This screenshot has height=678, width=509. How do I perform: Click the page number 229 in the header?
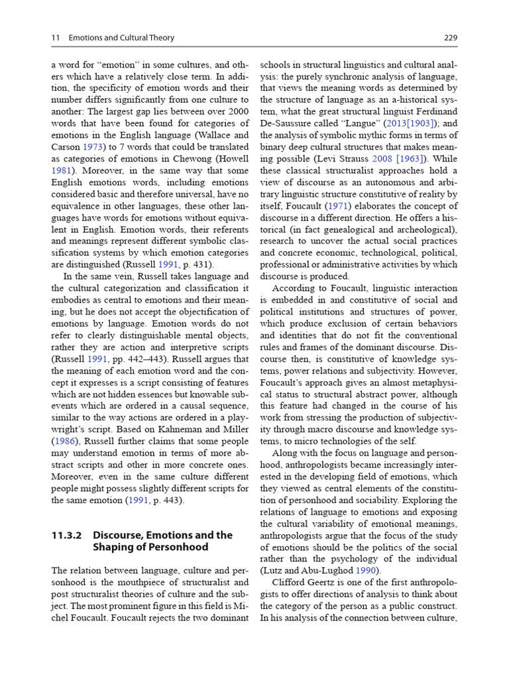click(450, 38)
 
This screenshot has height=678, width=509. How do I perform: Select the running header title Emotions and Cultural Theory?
click(121, 38)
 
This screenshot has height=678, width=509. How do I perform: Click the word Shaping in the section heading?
click(117, 548)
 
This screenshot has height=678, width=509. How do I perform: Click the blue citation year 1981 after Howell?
click(62, 170)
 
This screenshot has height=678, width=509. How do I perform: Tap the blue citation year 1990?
click(367, 571)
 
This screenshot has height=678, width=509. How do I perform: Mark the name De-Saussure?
click(288, 123)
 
